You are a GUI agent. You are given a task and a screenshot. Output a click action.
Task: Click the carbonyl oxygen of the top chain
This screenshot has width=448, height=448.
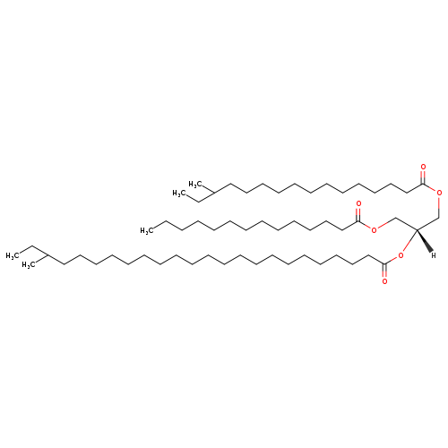[423, 167]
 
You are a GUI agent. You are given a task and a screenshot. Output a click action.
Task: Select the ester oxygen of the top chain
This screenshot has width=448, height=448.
[439, 193]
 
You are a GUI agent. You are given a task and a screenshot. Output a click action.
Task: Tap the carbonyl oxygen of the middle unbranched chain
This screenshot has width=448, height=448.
[358, 204]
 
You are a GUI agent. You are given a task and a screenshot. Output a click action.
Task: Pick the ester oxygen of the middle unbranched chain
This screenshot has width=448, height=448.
[374, 230]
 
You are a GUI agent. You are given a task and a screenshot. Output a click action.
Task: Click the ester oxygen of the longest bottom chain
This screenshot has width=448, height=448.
[401, 255]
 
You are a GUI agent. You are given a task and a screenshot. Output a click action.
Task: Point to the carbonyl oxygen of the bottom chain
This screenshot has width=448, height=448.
[384, 281]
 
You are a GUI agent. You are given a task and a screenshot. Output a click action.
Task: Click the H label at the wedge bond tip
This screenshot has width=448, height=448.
[434, 255]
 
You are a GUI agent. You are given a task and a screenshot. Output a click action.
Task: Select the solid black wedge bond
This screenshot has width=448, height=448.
[425, 240]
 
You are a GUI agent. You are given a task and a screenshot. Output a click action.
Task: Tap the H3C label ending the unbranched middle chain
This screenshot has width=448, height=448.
[147, 230]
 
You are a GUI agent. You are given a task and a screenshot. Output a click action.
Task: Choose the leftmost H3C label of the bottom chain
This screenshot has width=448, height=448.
[13, 255]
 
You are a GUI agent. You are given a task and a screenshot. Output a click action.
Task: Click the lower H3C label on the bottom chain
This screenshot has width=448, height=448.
[29, 265]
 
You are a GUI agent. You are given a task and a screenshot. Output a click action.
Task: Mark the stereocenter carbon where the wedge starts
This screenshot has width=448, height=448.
[417, 229]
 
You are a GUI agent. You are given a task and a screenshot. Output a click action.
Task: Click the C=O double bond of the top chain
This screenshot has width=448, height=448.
[423, 177]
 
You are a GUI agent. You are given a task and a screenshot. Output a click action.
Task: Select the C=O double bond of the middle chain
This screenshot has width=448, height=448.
[358, 215]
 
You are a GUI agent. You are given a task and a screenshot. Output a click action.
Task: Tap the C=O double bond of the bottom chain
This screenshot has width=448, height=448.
[384, 271]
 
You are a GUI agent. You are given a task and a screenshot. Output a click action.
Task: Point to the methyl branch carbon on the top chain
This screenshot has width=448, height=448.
[214, 194]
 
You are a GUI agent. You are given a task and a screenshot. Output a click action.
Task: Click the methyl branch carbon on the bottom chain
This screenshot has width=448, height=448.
[47, 255]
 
